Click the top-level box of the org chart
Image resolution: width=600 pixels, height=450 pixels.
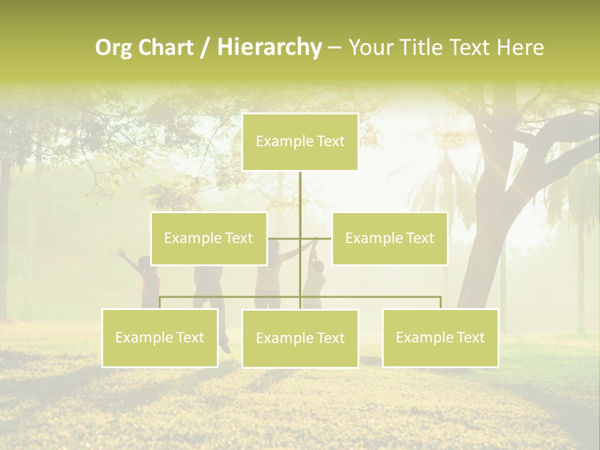pos(300,142)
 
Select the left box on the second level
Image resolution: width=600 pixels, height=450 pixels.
pos(209,238)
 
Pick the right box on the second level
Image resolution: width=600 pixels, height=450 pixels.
pos(389,238)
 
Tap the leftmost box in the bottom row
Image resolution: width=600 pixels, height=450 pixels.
pos(159,337)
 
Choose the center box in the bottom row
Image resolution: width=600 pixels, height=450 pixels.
pos(300,338)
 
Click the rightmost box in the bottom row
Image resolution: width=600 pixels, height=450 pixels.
pos(440,337)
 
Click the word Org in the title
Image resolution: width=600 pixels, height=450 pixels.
pos(113,47)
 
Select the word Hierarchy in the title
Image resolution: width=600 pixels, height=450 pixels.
pos(269,47)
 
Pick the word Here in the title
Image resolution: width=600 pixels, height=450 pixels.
pos(520,47)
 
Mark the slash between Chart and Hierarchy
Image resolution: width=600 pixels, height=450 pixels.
pos(206,47)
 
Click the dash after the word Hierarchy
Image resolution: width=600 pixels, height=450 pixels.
pos(334,48)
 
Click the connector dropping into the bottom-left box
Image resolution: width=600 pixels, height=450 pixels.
pos(159,302)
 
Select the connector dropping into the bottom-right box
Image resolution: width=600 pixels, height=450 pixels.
pos(441,302)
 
